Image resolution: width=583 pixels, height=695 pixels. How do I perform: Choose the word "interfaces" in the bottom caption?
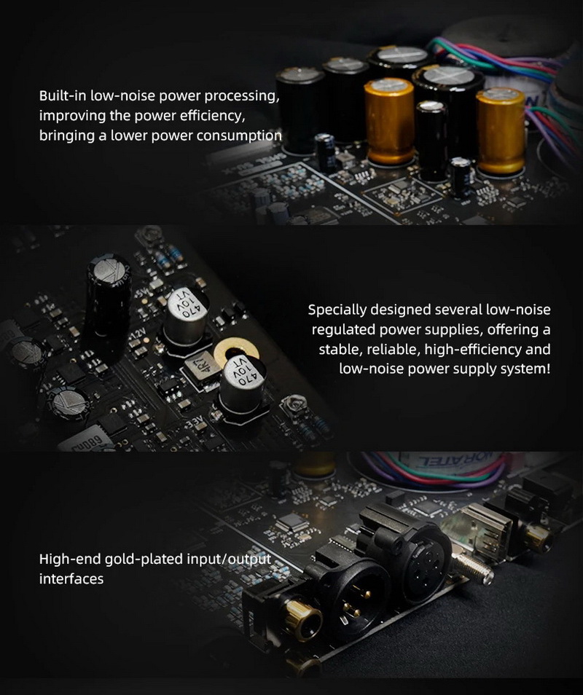(x=71, y=579)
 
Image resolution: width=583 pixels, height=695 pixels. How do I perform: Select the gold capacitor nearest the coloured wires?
(x=500, y=131)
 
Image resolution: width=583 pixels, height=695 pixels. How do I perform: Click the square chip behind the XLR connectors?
(x=290, y=522)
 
